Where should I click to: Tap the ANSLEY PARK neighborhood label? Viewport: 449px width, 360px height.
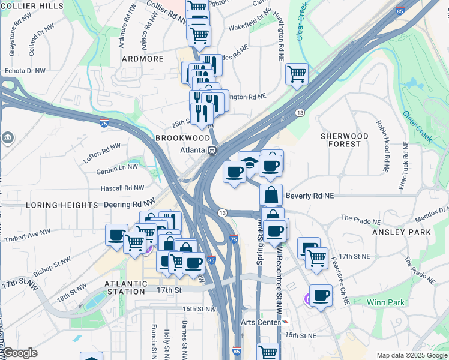(401, 232)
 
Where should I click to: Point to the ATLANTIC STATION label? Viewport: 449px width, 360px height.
(125, 287)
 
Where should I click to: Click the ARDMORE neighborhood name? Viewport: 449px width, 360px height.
(143, 59)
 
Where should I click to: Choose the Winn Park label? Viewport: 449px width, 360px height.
(386, 302)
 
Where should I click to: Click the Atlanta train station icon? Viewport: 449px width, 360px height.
(212, 150)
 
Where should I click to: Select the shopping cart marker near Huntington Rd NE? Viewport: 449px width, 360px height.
(297, 74)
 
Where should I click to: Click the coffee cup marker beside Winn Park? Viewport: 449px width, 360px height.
(321, 295)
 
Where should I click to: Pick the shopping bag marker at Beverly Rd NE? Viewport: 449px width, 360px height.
(271, 194)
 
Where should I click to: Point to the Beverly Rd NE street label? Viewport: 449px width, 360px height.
(310, 196)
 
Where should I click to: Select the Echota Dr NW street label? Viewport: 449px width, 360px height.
(25, 70)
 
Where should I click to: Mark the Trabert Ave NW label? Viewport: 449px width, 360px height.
(28, 235)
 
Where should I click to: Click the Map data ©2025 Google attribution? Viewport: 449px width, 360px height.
(411, 355)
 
